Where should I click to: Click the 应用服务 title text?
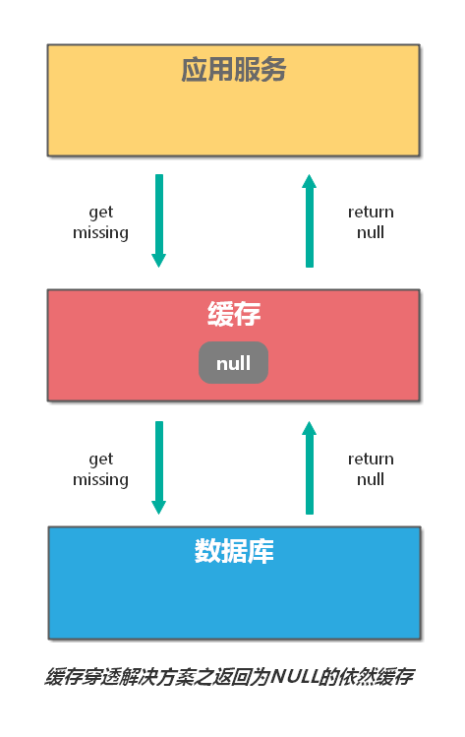(233, 70)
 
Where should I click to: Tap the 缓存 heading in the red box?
(234, 315)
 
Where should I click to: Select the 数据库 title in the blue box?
(234, 551)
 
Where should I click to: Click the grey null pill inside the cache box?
(234, 363)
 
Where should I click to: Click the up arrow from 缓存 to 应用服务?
(310, 221)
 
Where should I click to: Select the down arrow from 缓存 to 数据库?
(159, 466)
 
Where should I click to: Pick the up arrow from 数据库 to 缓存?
(310, 468)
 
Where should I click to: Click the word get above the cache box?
(100, 213)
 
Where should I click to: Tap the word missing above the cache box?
(100, 233)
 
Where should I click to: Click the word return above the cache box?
(371, 212)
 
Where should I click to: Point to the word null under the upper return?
(371, 232)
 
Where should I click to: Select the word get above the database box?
(100, 460)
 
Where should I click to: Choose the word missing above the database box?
(100, 480)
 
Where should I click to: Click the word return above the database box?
(371, 459)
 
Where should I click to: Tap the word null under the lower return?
(371, 479)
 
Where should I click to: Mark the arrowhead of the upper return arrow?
(310, 181)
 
